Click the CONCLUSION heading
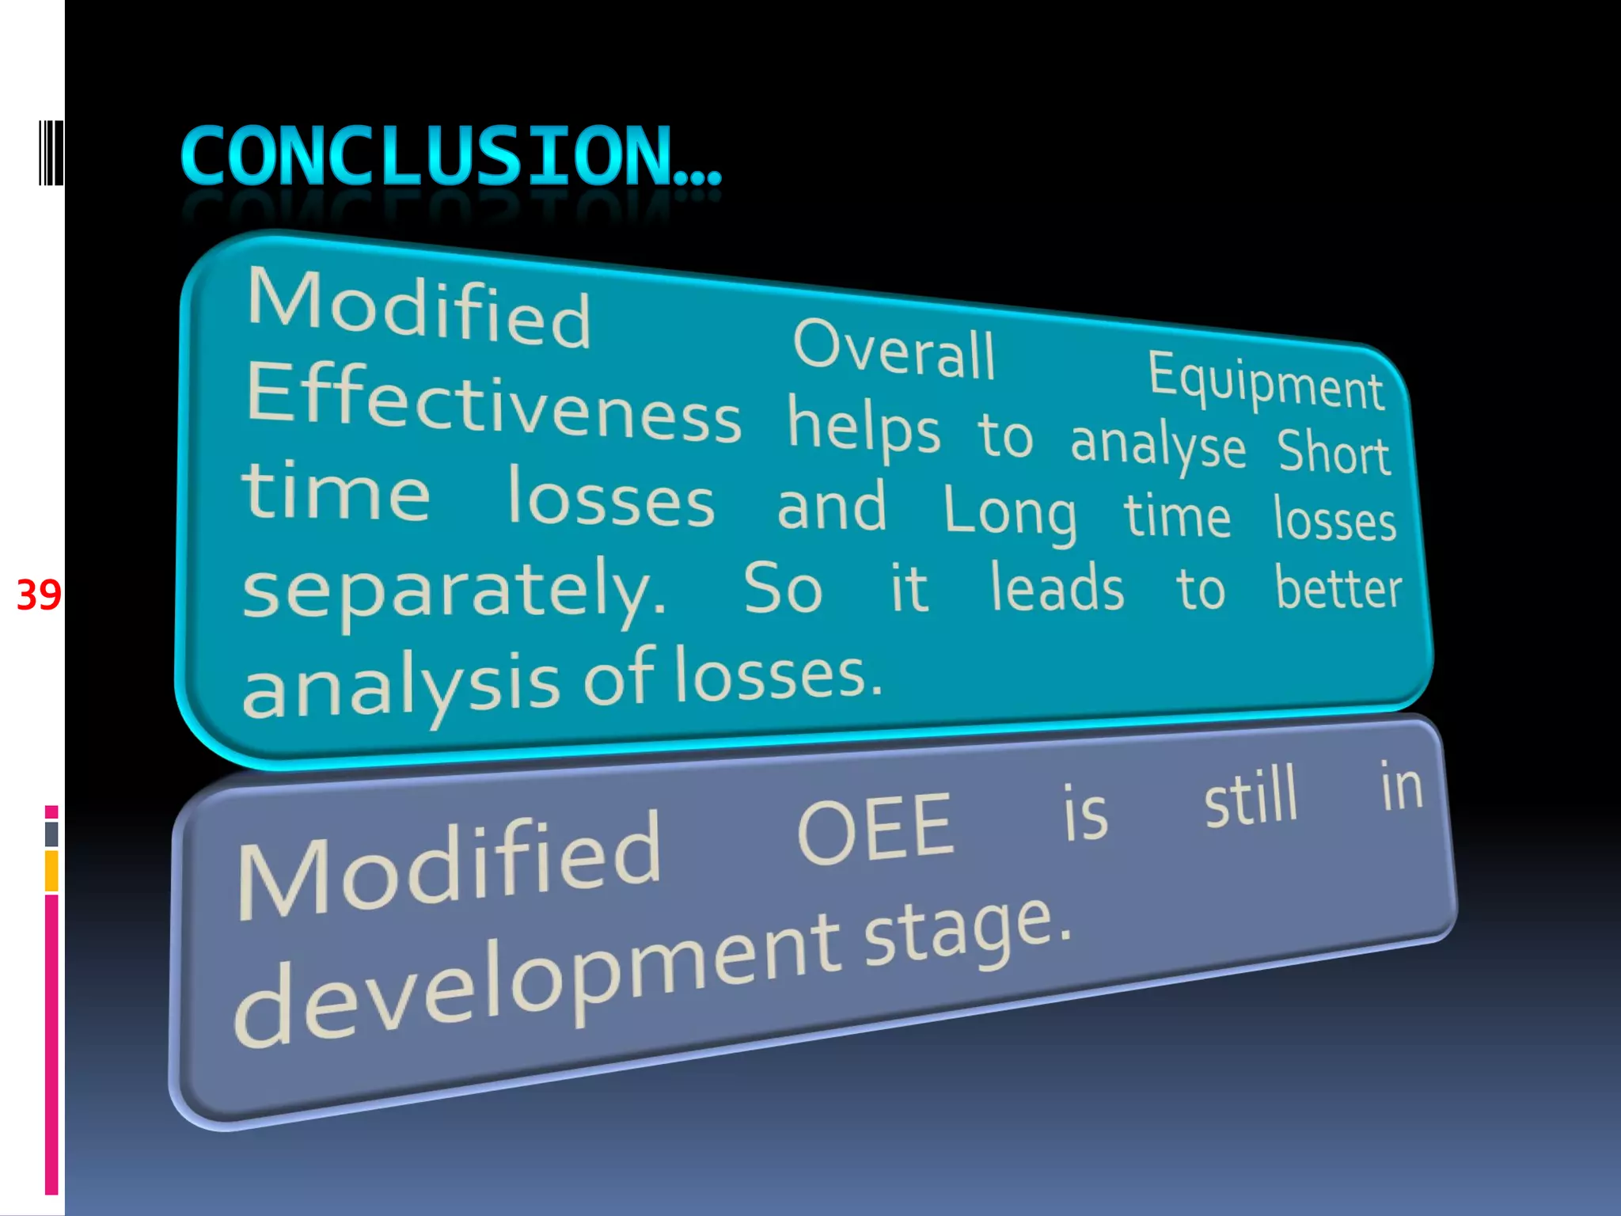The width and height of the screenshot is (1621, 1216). coord(450,157)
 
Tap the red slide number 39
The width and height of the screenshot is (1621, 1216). coord(39,595)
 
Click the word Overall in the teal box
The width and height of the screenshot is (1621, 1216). coord(894,349)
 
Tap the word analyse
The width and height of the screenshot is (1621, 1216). coord(1158,446)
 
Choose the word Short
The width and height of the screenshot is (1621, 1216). coord(1334,452)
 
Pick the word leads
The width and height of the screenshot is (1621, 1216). coord(1057,588)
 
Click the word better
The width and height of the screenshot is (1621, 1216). coord(1338,590)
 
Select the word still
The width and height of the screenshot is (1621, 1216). coord(1251,798)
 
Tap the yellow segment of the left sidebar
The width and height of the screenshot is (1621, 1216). coord(51,871)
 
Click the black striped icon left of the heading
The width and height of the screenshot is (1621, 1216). coord(51,153)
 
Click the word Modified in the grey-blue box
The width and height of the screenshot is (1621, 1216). coord(449,866)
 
